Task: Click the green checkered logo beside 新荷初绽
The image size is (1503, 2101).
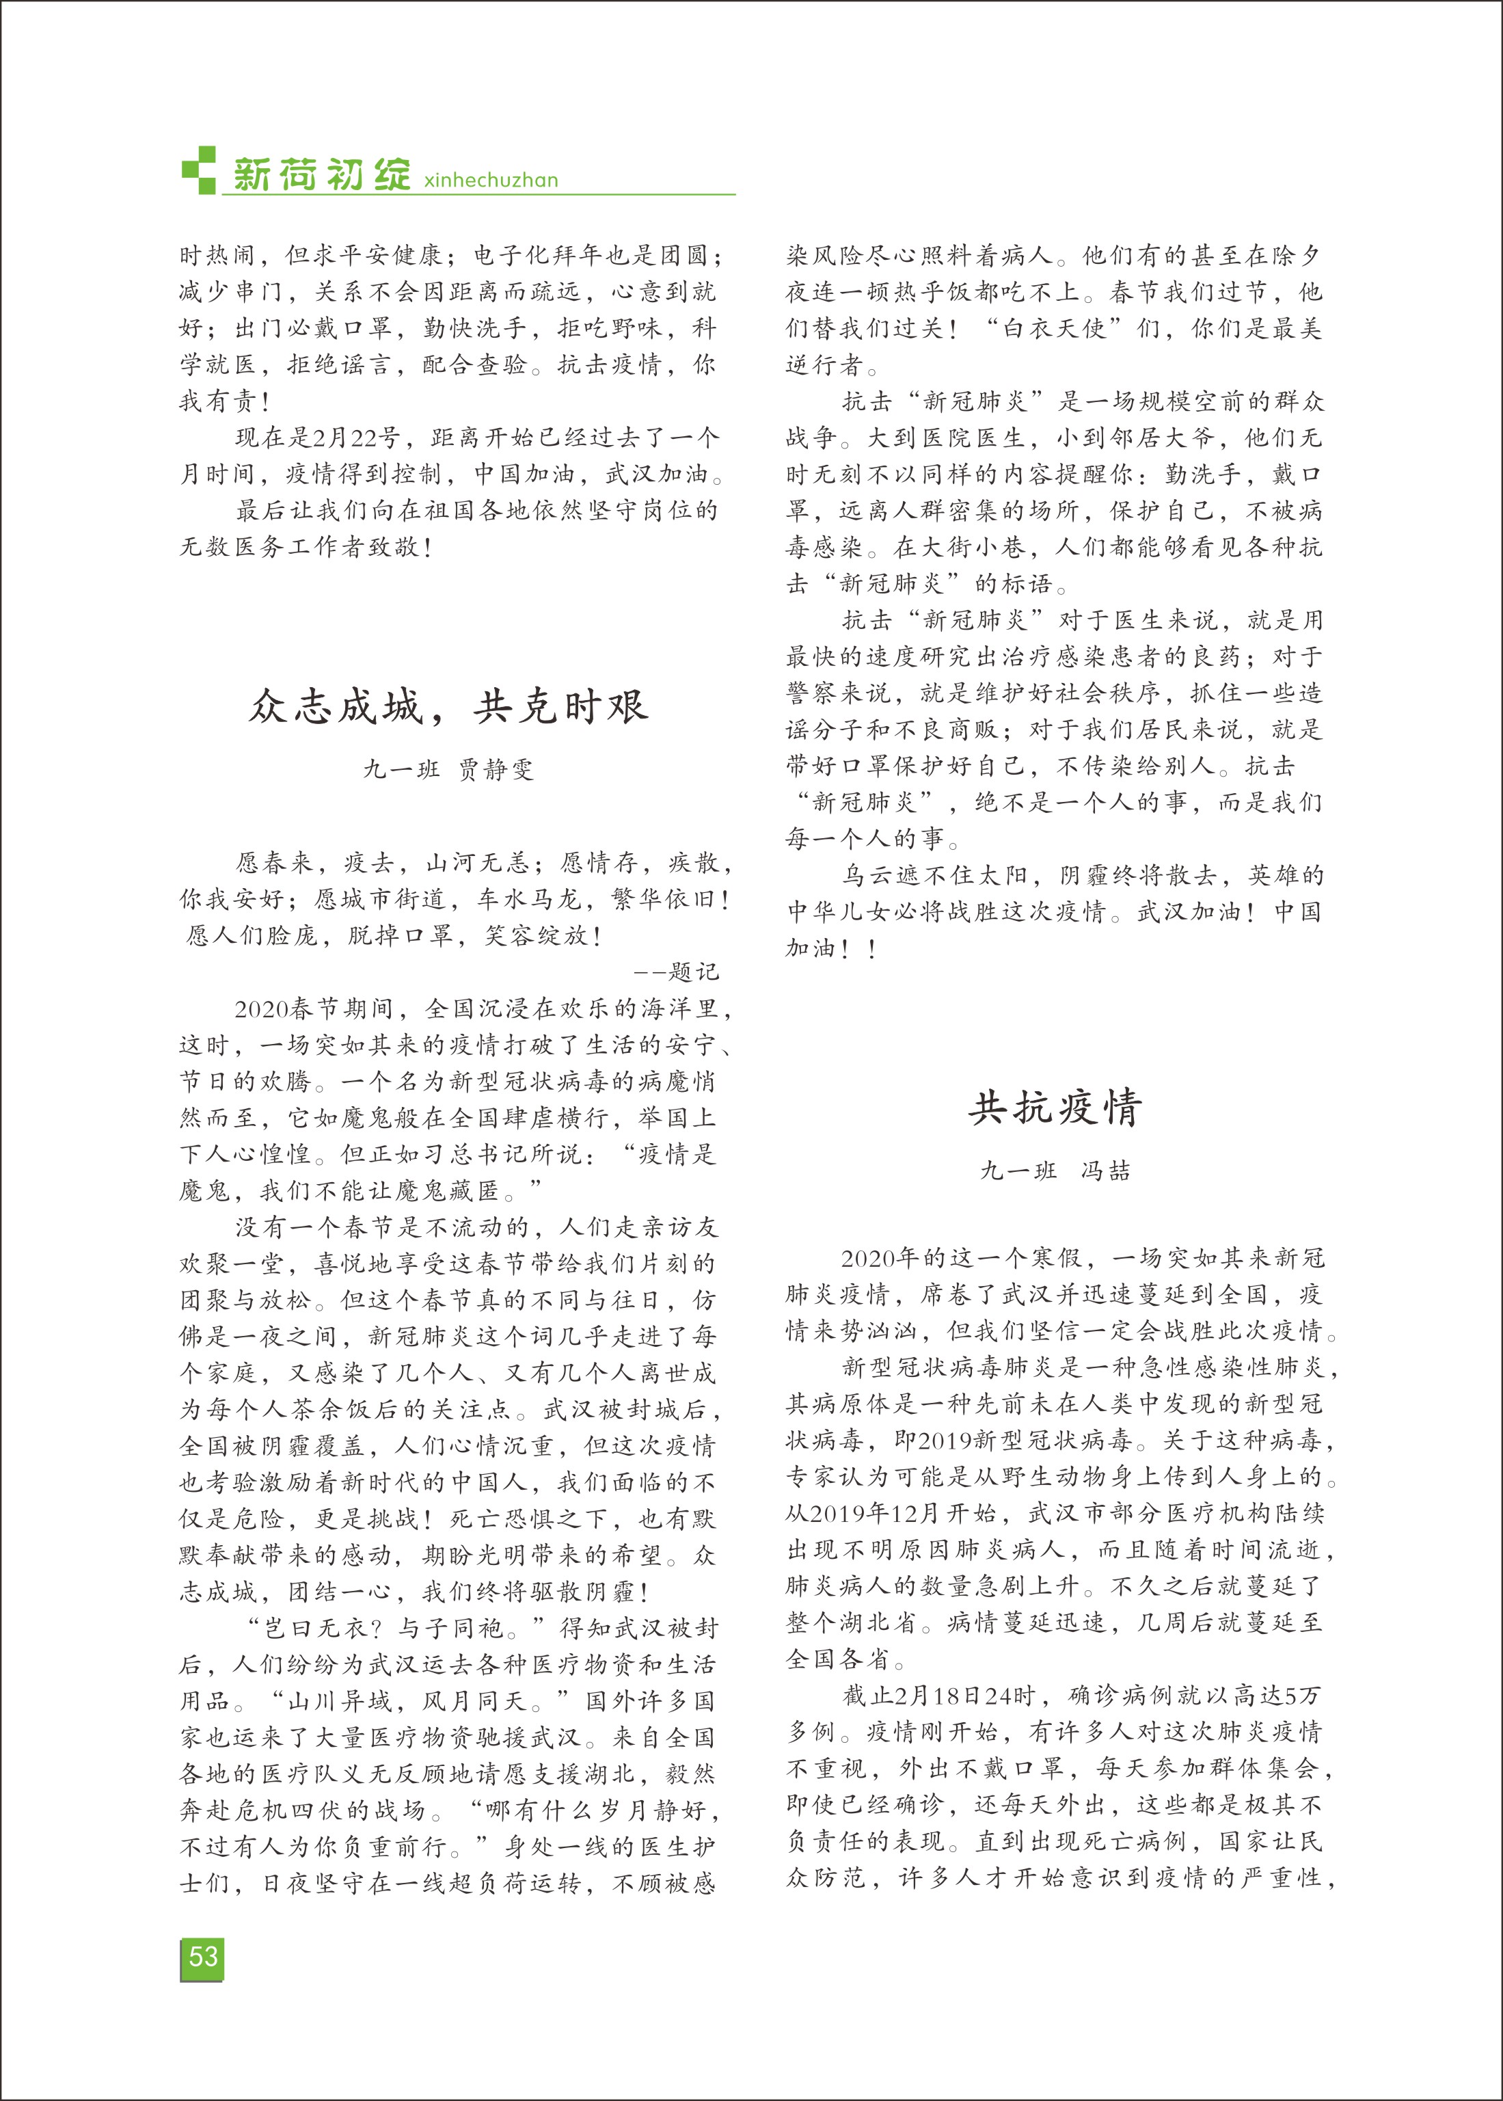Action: pos(198,170)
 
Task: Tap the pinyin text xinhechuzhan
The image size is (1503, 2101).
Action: pos(491,180)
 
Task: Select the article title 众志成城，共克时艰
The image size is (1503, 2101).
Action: pos(449,707)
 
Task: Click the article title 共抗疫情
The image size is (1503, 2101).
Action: pos(1055,1108)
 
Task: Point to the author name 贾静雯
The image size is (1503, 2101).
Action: pos(496,769)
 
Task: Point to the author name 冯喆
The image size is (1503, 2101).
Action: pos(1106,1170)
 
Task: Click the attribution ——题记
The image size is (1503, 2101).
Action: pos(677,972)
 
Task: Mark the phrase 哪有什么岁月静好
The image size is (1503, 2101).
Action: pos(599,1810)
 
